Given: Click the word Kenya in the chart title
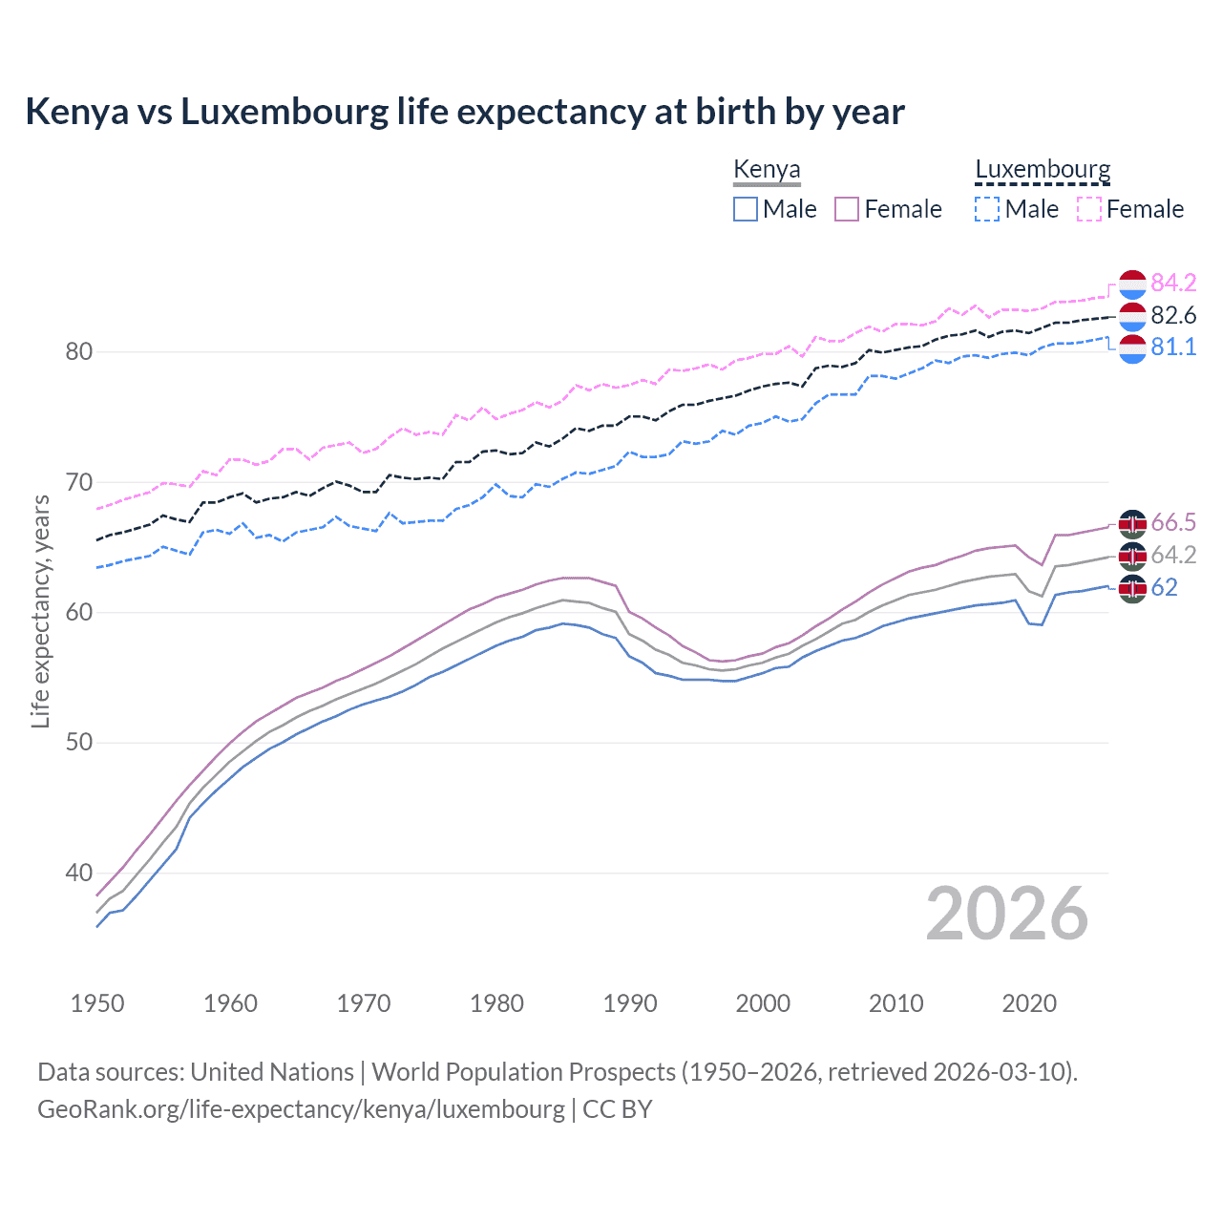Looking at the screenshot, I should [76, 112].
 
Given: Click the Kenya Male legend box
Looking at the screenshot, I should [746, 209].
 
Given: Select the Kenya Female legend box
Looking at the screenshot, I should [847, 209].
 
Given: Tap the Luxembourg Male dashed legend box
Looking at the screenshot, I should [987, 209].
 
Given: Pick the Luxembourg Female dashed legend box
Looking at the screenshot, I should [1089, 209].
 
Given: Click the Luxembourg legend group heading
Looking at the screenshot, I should [1043, 170].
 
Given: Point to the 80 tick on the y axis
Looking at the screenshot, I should [79, 351].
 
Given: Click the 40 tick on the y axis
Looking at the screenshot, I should [79, 873].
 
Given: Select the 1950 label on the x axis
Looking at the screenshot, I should [97, 1003].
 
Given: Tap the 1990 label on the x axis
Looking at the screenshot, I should [630, 1003].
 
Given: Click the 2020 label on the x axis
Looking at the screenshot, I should [1029, 1003].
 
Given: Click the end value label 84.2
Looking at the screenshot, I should [1173, 284].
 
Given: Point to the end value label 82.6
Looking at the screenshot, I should [1173, 315].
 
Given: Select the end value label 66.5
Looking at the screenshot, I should [1173, 522].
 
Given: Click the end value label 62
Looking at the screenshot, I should [1165, 587].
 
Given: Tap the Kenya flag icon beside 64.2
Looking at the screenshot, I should [1132, 555].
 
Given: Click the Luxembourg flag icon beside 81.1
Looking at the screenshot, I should [1132, 348].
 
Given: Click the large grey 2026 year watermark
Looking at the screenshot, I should [1007, 914].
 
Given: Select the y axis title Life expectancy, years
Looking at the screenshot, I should [40, 611].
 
